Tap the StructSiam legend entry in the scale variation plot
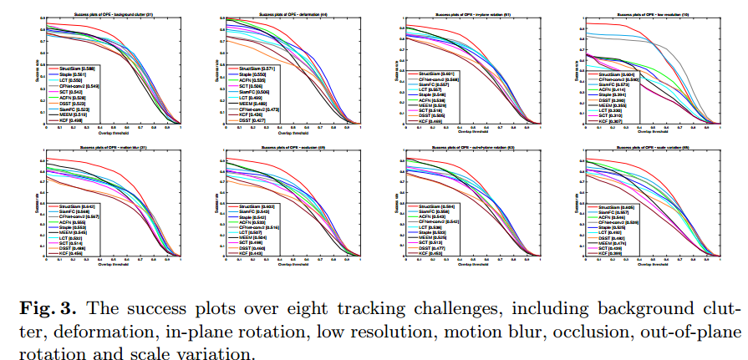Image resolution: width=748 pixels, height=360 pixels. point(621,206)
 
